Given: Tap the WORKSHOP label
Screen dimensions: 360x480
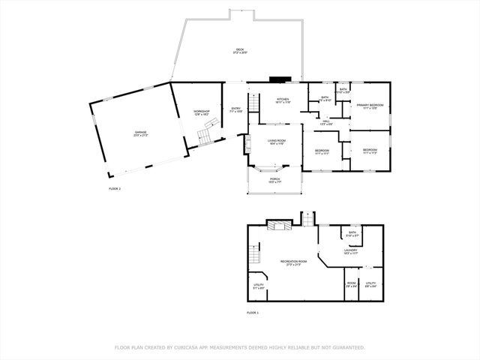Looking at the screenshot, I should tap(201, 112).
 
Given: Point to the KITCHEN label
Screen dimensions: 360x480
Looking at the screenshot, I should tap(283, 100).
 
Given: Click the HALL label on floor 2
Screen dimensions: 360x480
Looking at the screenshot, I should tap(326, 121).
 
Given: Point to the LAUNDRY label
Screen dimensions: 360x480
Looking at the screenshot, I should tap(350, 251).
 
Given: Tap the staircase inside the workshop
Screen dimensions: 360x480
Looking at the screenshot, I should tap(205, 136).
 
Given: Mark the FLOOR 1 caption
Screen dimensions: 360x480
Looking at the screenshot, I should tap(252, 312).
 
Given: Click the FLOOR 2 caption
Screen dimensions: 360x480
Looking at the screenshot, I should tap(114, 188).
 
